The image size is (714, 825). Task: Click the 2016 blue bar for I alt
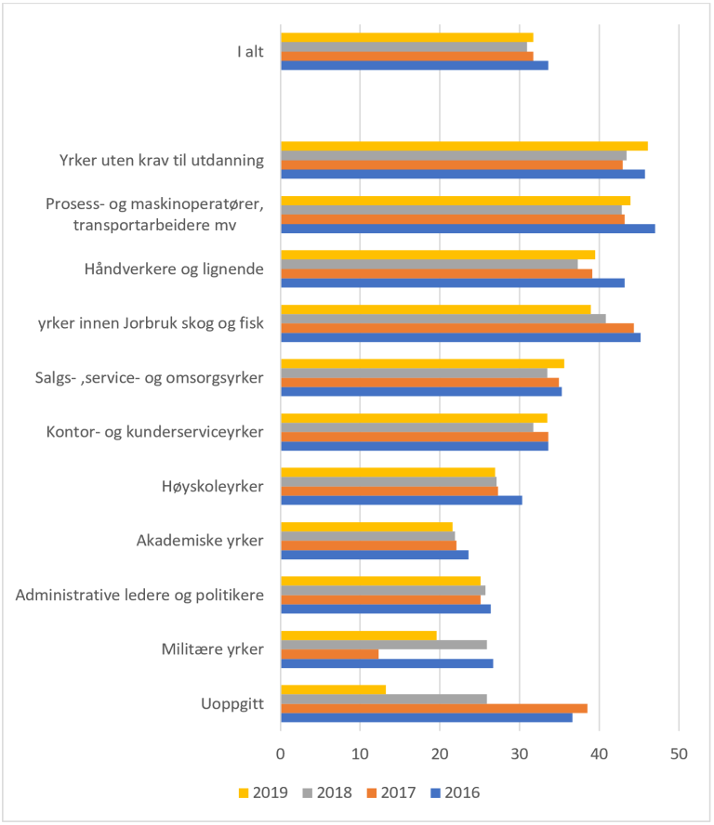414,65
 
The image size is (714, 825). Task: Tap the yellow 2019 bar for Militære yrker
358,635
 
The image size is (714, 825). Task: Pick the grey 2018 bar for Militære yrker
383,645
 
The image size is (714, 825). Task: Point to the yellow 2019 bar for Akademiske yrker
366,527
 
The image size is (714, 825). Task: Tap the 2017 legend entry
390,792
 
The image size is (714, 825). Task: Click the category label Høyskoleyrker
213,485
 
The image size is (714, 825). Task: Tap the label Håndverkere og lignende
174,268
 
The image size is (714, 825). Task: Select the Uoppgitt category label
231,702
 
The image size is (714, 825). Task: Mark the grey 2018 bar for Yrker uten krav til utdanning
453,155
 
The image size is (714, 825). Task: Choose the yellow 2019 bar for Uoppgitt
333,689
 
